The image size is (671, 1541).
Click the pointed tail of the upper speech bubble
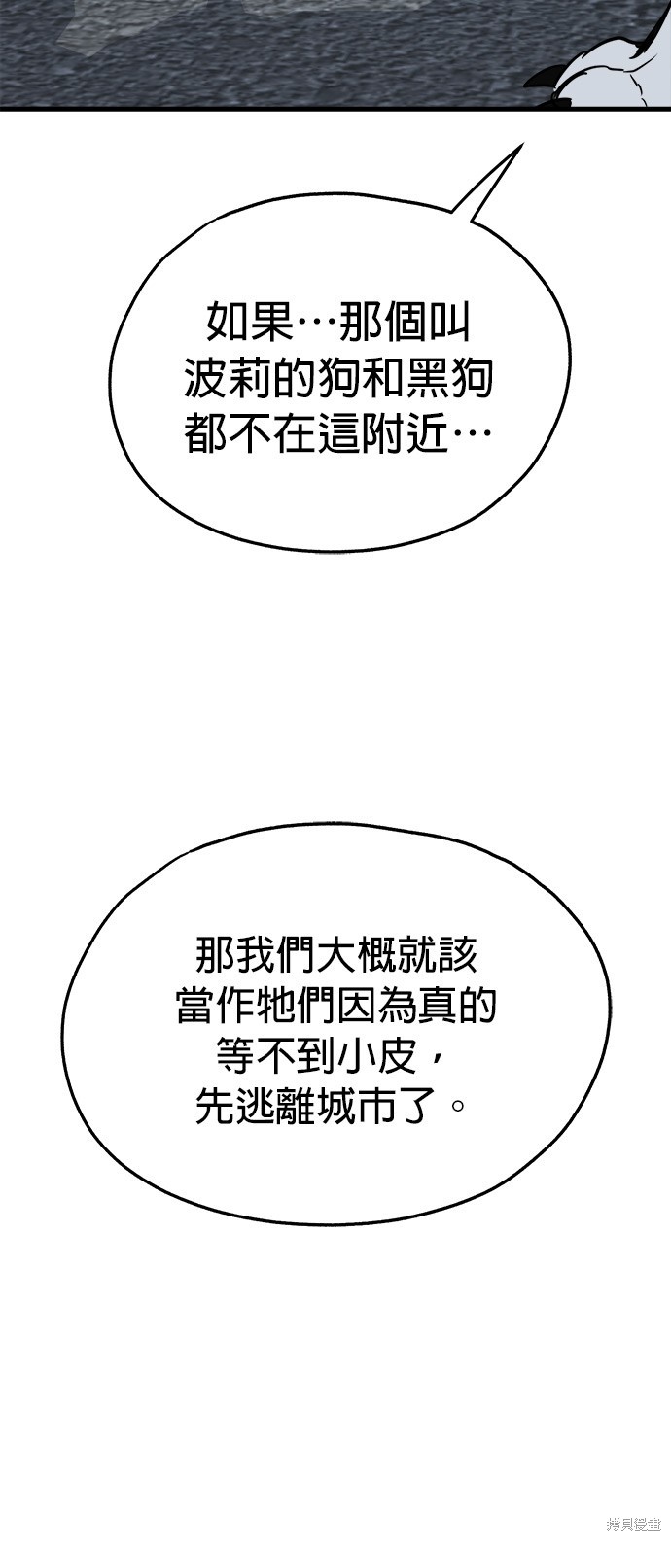tap(490, 183)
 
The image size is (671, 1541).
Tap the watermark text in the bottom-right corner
tap(632, 1525)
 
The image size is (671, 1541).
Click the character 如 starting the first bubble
tap(228, 324)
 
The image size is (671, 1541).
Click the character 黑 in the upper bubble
tap(426, 379)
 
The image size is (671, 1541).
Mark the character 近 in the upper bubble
tap(426, 434)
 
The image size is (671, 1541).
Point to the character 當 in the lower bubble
tap(196, 1006)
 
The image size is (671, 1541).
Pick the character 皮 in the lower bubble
tap(396, 1057)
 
